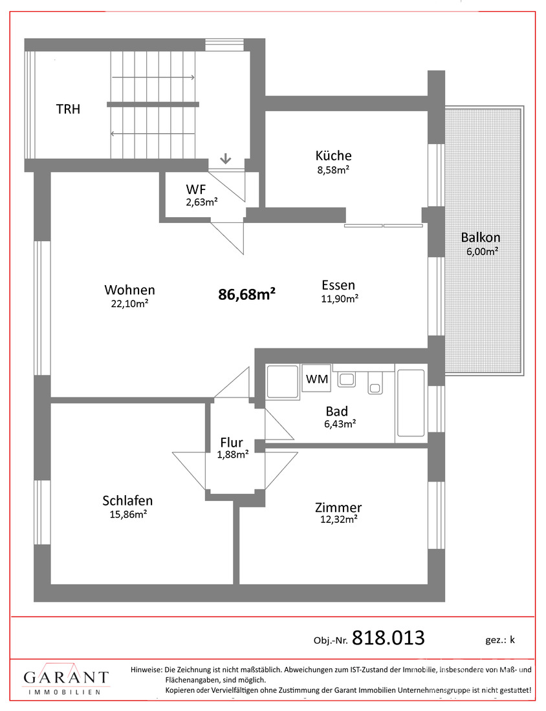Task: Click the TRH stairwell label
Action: pos(68,109)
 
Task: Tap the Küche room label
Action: pos(334,156)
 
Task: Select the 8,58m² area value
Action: pos(333,170)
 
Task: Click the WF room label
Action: pos(195,189)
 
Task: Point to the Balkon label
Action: pos(481,237)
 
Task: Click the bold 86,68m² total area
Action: pos(247,294)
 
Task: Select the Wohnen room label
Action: pos(130,290)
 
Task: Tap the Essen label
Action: pos(338,285)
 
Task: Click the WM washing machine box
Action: pos(317,378)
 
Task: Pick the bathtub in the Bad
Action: pos(411,403)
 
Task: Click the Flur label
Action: pos(232,442)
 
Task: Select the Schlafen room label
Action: pos(127,500)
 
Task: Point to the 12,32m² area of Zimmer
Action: pos(338,520)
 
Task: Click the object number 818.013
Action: pos(389,638)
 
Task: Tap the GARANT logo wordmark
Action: pos(66,677)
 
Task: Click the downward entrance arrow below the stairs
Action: pos(226,159)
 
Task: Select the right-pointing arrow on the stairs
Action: pos(153,78)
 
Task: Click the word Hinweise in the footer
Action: pos(146,669)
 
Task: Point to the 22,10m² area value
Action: pos(130,304)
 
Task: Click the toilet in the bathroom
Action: pos(375,382)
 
